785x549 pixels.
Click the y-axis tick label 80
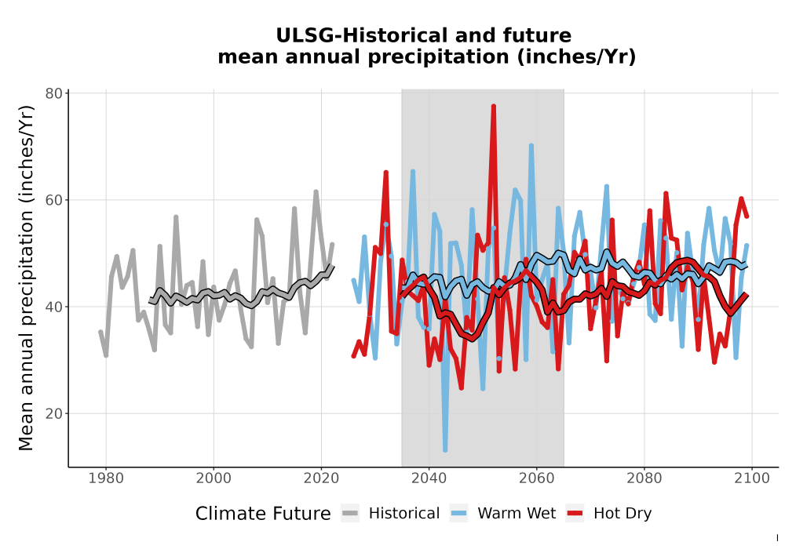[53, 93]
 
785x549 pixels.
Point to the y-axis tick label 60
[53, 200]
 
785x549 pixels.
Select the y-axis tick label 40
[53, 307]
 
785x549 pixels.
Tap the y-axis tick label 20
[53, 413]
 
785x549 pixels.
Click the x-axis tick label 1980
[106, 478]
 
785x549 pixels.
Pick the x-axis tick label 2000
[214, 478]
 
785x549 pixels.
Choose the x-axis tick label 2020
[321, 478]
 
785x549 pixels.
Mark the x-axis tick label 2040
[429, 478]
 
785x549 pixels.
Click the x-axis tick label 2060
[536, 478]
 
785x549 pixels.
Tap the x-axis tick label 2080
[644, 478]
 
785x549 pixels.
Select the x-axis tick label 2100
[752, 478]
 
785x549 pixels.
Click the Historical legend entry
[390, 514]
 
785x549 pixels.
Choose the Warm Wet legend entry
[502, 514]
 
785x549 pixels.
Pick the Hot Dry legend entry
[609, 514]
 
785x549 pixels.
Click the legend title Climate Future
[263, 514]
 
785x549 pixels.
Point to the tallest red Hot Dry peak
[494, 106]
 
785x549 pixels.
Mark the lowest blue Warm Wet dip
[445, 450]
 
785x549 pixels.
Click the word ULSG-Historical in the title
[358, 36]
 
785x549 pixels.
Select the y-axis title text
[26, 278]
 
